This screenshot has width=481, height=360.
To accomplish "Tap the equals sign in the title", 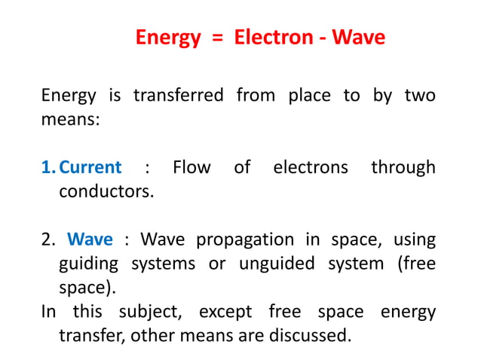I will point(217,38).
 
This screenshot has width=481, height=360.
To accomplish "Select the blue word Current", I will point(90,167).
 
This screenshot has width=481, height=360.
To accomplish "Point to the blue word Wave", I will point(90,239).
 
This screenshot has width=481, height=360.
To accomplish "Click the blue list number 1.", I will point(47,167).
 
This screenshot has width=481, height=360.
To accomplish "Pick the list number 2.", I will point(47,239).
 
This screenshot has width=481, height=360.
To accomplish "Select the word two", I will point(420,96).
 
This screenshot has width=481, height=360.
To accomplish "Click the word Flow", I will point(191,167).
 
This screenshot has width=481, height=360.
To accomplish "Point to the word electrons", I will point(310,167).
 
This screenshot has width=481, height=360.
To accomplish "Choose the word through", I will point(403,167).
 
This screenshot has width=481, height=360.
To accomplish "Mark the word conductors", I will point(106,191).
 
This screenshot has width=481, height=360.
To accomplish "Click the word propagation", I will point(245,239).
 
